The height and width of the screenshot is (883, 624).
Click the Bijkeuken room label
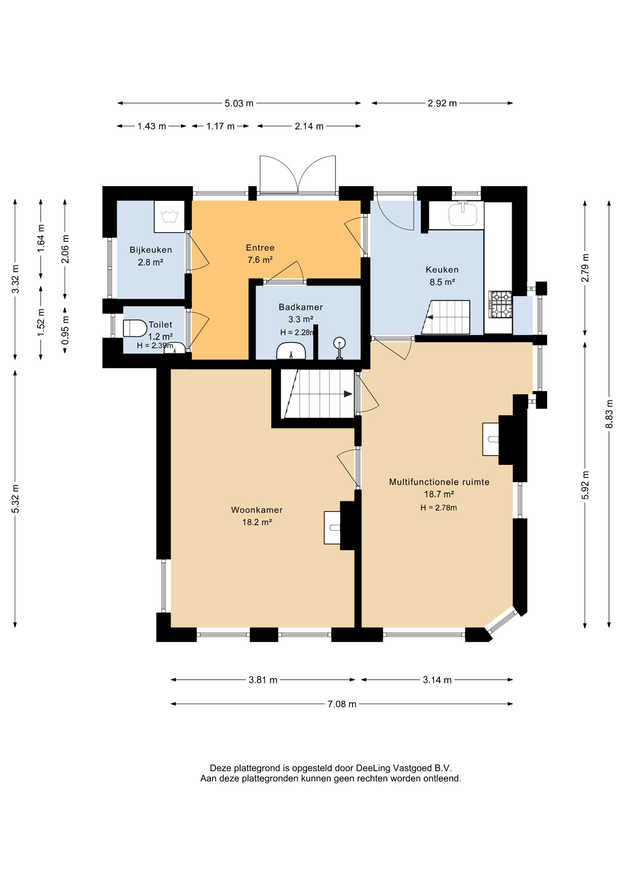click(x=151, y=250)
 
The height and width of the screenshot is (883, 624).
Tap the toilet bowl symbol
click(x=135, y=328)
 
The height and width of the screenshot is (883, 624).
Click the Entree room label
click(x=260, y=247)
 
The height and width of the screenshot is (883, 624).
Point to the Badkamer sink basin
click(x=291, y=351)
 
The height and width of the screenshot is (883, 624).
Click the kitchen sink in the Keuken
click(x=463, y=213)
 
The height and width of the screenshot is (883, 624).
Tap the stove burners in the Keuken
click(x=500, y=304)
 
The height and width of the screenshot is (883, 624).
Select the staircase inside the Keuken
click(x=446, y=317)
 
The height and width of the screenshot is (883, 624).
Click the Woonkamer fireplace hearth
click(x=332, y=528)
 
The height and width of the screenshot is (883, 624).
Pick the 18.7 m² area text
click(x=439, y=494)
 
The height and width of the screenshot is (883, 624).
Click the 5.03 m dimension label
click(x=239, y=103)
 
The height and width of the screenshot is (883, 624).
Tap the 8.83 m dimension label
click(x=609, y=414)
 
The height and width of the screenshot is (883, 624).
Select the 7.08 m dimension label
click(x=342, y=704)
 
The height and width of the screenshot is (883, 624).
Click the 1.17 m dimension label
click(x=220, y=126)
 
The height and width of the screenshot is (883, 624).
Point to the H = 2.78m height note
click(x=438, y=508)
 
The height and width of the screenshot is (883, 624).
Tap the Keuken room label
click(x=442, y=269)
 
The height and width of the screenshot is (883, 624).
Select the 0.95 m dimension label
click(x=65, y=330)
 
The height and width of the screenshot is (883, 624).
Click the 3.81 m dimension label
click(x=263, y=680)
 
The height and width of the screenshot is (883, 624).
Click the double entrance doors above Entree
click(x=298, y=175)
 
